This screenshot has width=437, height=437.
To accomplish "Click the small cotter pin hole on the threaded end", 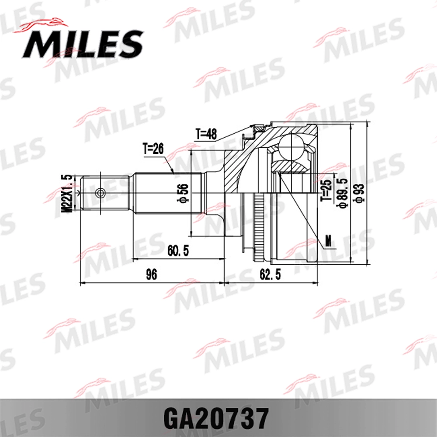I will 101,192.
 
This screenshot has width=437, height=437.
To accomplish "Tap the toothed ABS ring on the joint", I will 260,227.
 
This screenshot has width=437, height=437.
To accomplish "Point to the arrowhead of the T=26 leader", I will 173,172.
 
